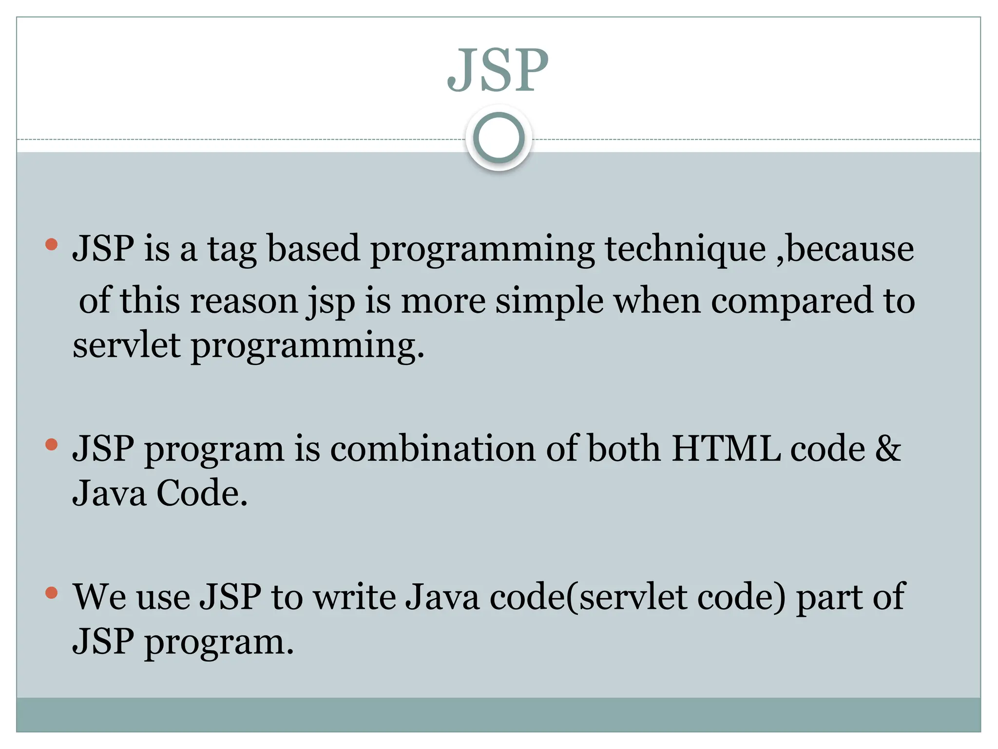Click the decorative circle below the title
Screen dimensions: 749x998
[x=499, y=138]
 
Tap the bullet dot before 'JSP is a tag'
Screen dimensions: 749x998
[x=51, y=244]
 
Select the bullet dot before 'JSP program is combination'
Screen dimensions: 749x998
[x=51, y=444]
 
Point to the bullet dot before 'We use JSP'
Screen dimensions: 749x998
[x=51, y=592]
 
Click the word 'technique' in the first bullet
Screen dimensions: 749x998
[x=685, y=249]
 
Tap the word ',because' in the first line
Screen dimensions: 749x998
[x=845, y=249]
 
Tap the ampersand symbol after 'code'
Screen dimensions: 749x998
[x=888, y=449]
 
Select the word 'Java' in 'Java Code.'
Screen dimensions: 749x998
[x=109, y=493]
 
